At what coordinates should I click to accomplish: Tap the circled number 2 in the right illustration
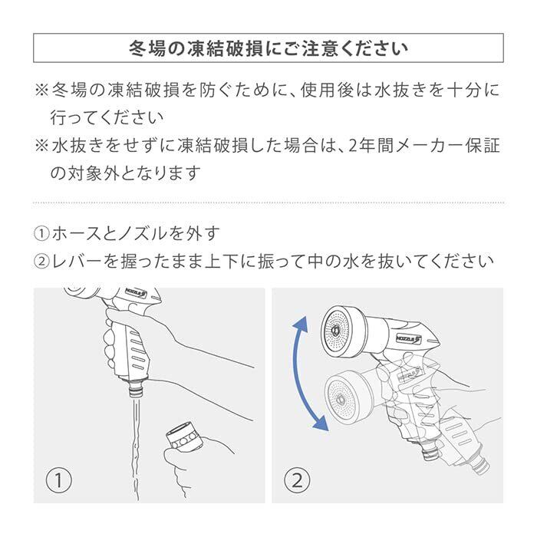click(x=296, y=482)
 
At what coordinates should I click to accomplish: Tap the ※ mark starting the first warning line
click(x=42, y=90)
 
